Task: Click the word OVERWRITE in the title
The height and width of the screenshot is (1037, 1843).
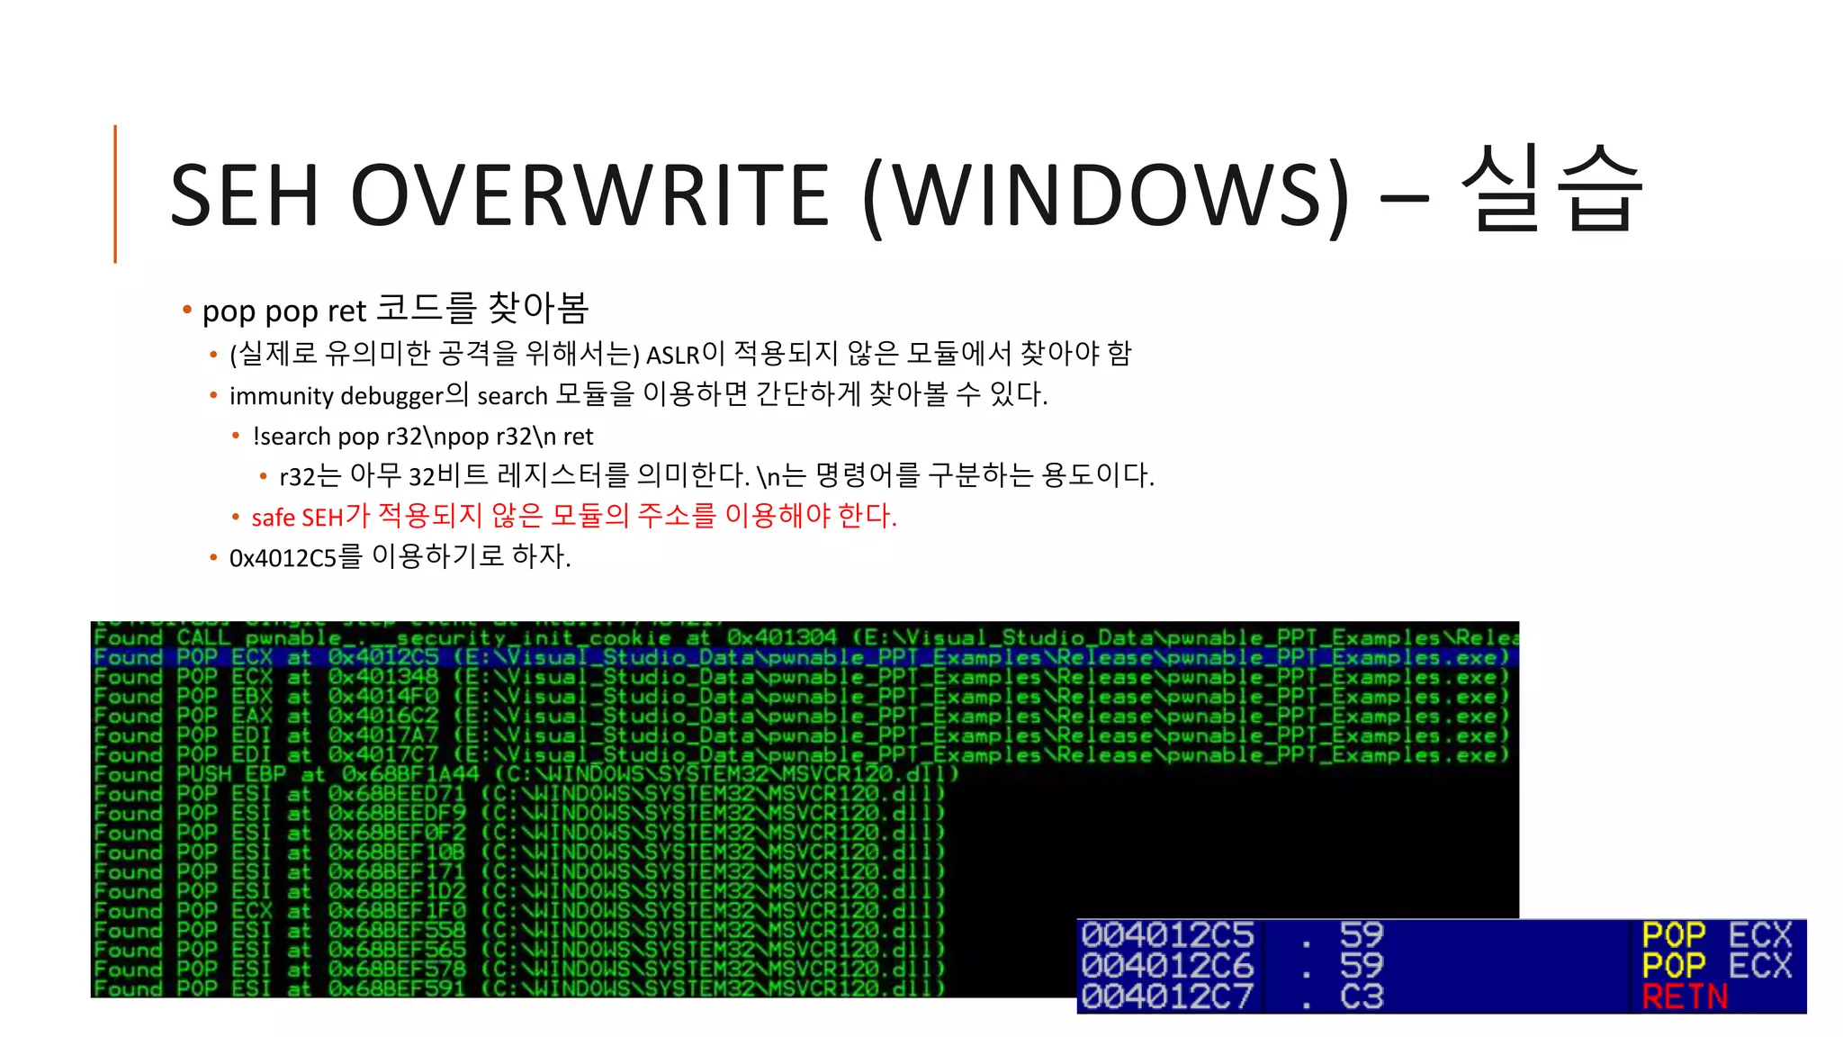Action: point(589,195)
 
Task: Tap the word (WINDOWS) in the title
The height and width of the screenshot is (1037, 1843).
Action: point(1106,195)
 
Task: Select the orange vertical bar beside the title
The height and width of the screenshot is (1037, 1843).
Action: point(115,194)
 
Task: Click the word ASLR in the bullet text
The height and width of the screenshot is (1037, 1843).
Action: point(672,356)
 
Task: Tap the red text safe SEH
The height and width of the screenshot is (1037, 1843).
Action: point(297,518)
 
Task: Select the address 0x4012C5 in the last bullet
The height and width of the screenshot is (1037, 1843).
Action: point(283,558)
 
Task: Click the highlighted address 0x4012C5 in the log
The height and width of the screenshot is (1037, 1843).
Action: point(383,657)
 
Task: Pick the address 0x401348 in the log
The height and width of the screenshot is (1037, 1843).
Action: point(383,677)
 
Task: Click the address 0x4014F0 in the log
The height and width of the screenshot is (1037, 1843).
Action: point(383,697)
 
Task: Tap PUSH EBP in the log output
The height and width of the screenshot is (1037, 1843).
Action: point(230,774)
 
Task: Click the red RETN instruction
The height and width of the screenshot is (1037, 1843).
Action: point(1685,996)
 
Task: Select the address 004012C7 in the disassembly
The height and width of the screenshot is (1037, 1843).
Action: point(1167,996)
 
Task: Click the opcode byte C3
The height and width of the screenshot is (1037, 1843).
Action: point(1361,996)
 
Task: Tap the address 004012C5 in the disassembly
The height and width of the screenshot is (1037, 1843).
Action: point(1167,935)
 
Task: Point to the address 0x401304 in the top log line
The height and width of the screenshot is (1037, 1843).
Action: point(781,637)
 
